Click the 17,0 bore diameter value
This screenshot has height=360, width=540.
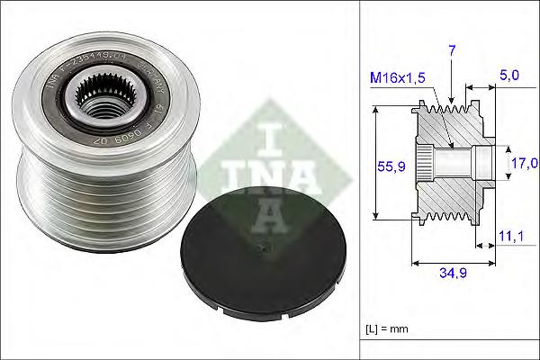[522, 163]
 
